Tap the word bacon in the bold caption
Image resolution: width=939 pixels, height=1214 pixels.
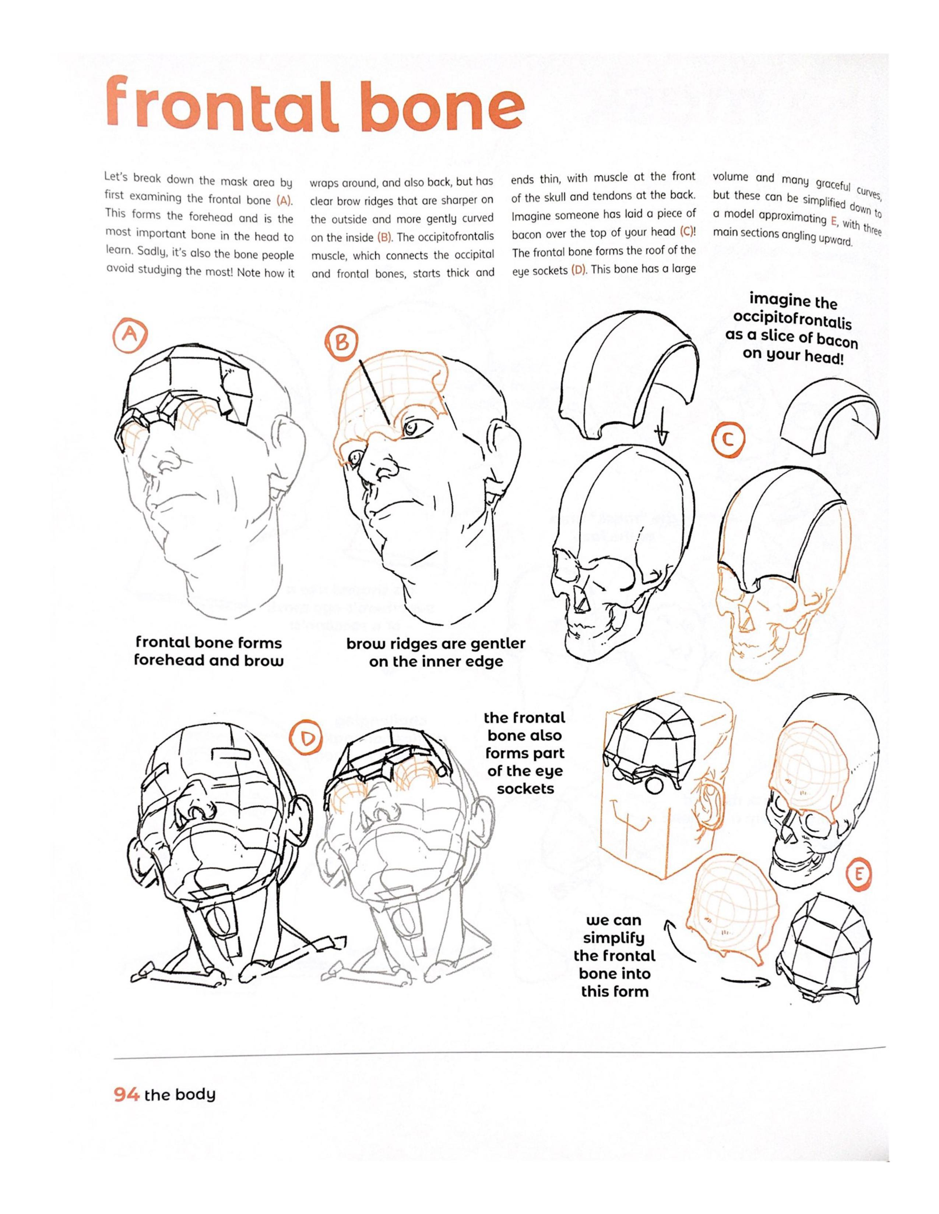pyautogui.click(x=830, y=341)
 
